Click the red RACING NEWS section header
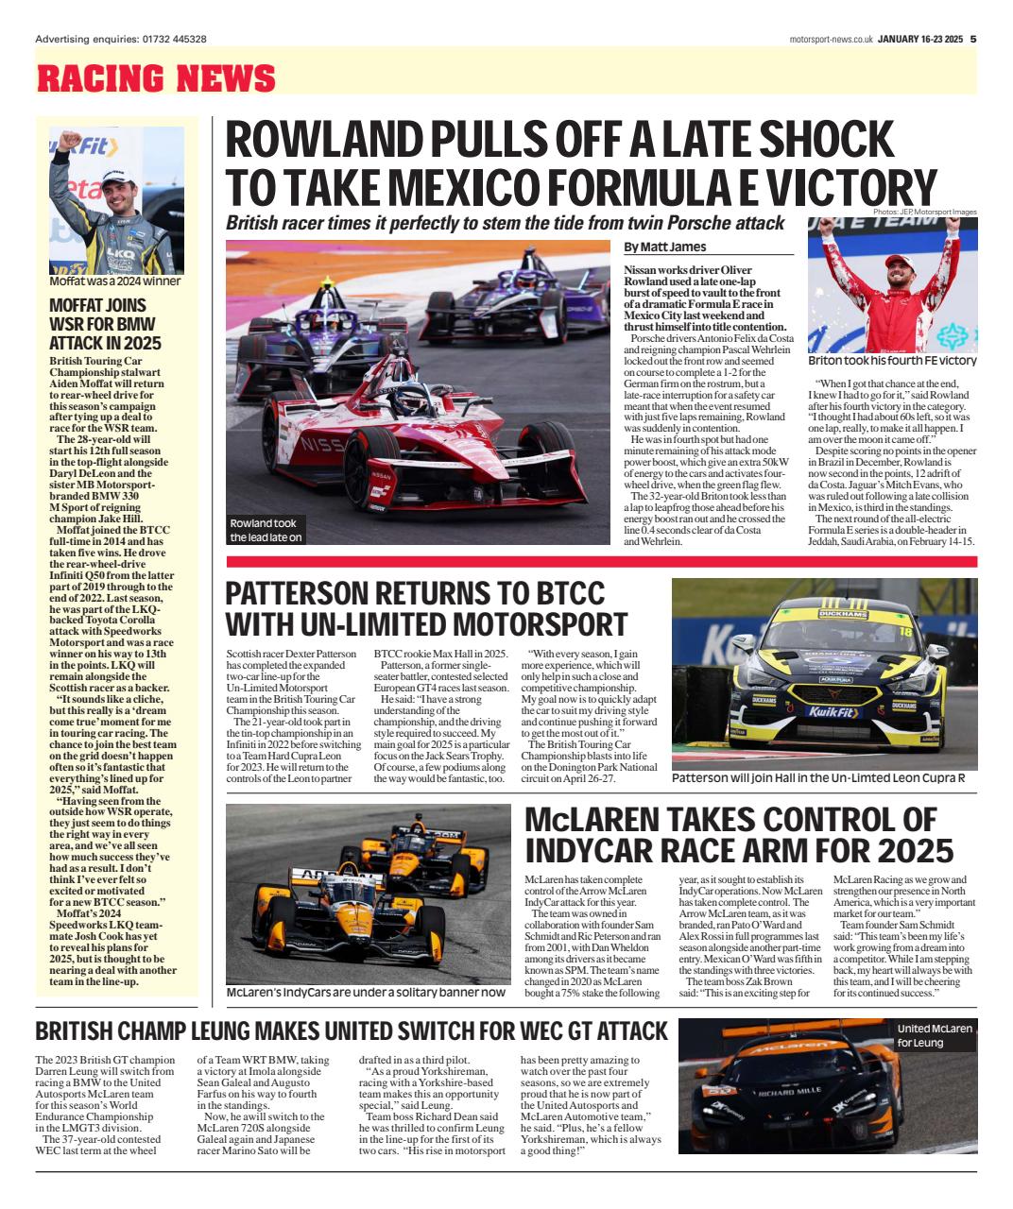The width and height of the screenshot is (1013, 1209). [x=156, y=78]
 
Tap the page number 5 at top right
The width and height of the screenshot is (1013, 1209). [x=972, y=39]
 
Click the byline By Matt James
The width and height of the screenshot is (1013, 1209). [x=664, y=247]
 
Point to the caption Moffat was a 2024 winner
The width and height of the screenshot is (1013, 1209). [x=115, y=281]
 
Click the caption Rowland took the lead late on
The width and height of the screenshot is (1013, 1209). [x=266, y=530]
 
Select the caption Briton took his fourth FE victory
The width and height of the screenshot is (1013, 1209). [x=892, y=361]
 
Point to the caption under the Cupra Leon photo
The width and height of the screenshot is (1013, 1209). [x=817, y=778]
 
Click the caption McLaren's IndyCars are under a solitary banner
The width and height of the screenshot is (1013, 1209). [x=365, y=992]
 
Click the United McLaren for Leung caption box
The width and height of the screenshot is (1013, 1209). [x=934, y=1035]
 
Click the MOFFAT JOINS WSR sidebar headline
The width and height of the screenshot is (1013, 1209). [x=105, y=324]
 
